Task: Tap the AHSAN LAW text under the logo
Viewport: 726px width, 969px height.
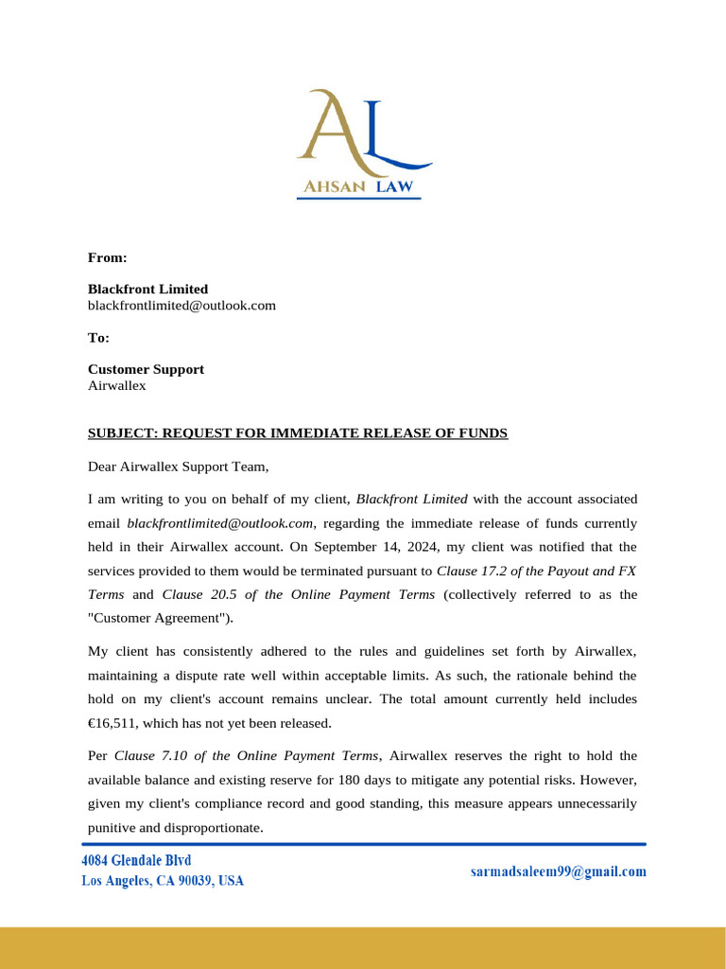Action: (x=358, y=186)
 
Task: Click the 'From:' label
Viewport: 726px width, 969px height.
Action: (x=107, y=257)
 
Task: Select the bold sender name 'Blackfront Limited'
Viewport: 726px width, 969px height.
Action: (x=147, y=289)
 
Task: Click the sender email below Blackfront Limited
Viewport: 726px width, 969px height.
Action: (x=181, y=305)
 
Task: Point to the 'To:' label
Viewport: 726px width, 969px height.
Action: (x=98, y=337)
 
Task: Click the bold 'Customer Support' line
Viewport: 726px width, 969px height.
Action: (x=146, y=369)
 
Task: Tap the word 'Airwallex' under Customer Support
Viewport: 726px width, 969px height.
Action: (x=116, y=385)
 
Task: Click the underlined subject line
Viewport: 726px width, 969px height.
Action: (x=298, y=433)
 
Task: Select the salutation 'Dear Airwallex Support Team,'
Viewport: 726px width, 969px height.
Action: (x=179, y=467)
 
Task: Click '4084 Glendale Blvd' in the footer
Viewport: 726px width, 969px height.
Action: (x=136, y=860)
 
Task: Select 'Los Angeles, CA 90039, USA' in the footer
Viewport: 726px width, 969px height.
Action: (x=162, y=881)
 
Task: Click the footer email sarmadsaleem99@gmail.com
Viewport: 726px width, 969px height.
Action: (x=558, y=872)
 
